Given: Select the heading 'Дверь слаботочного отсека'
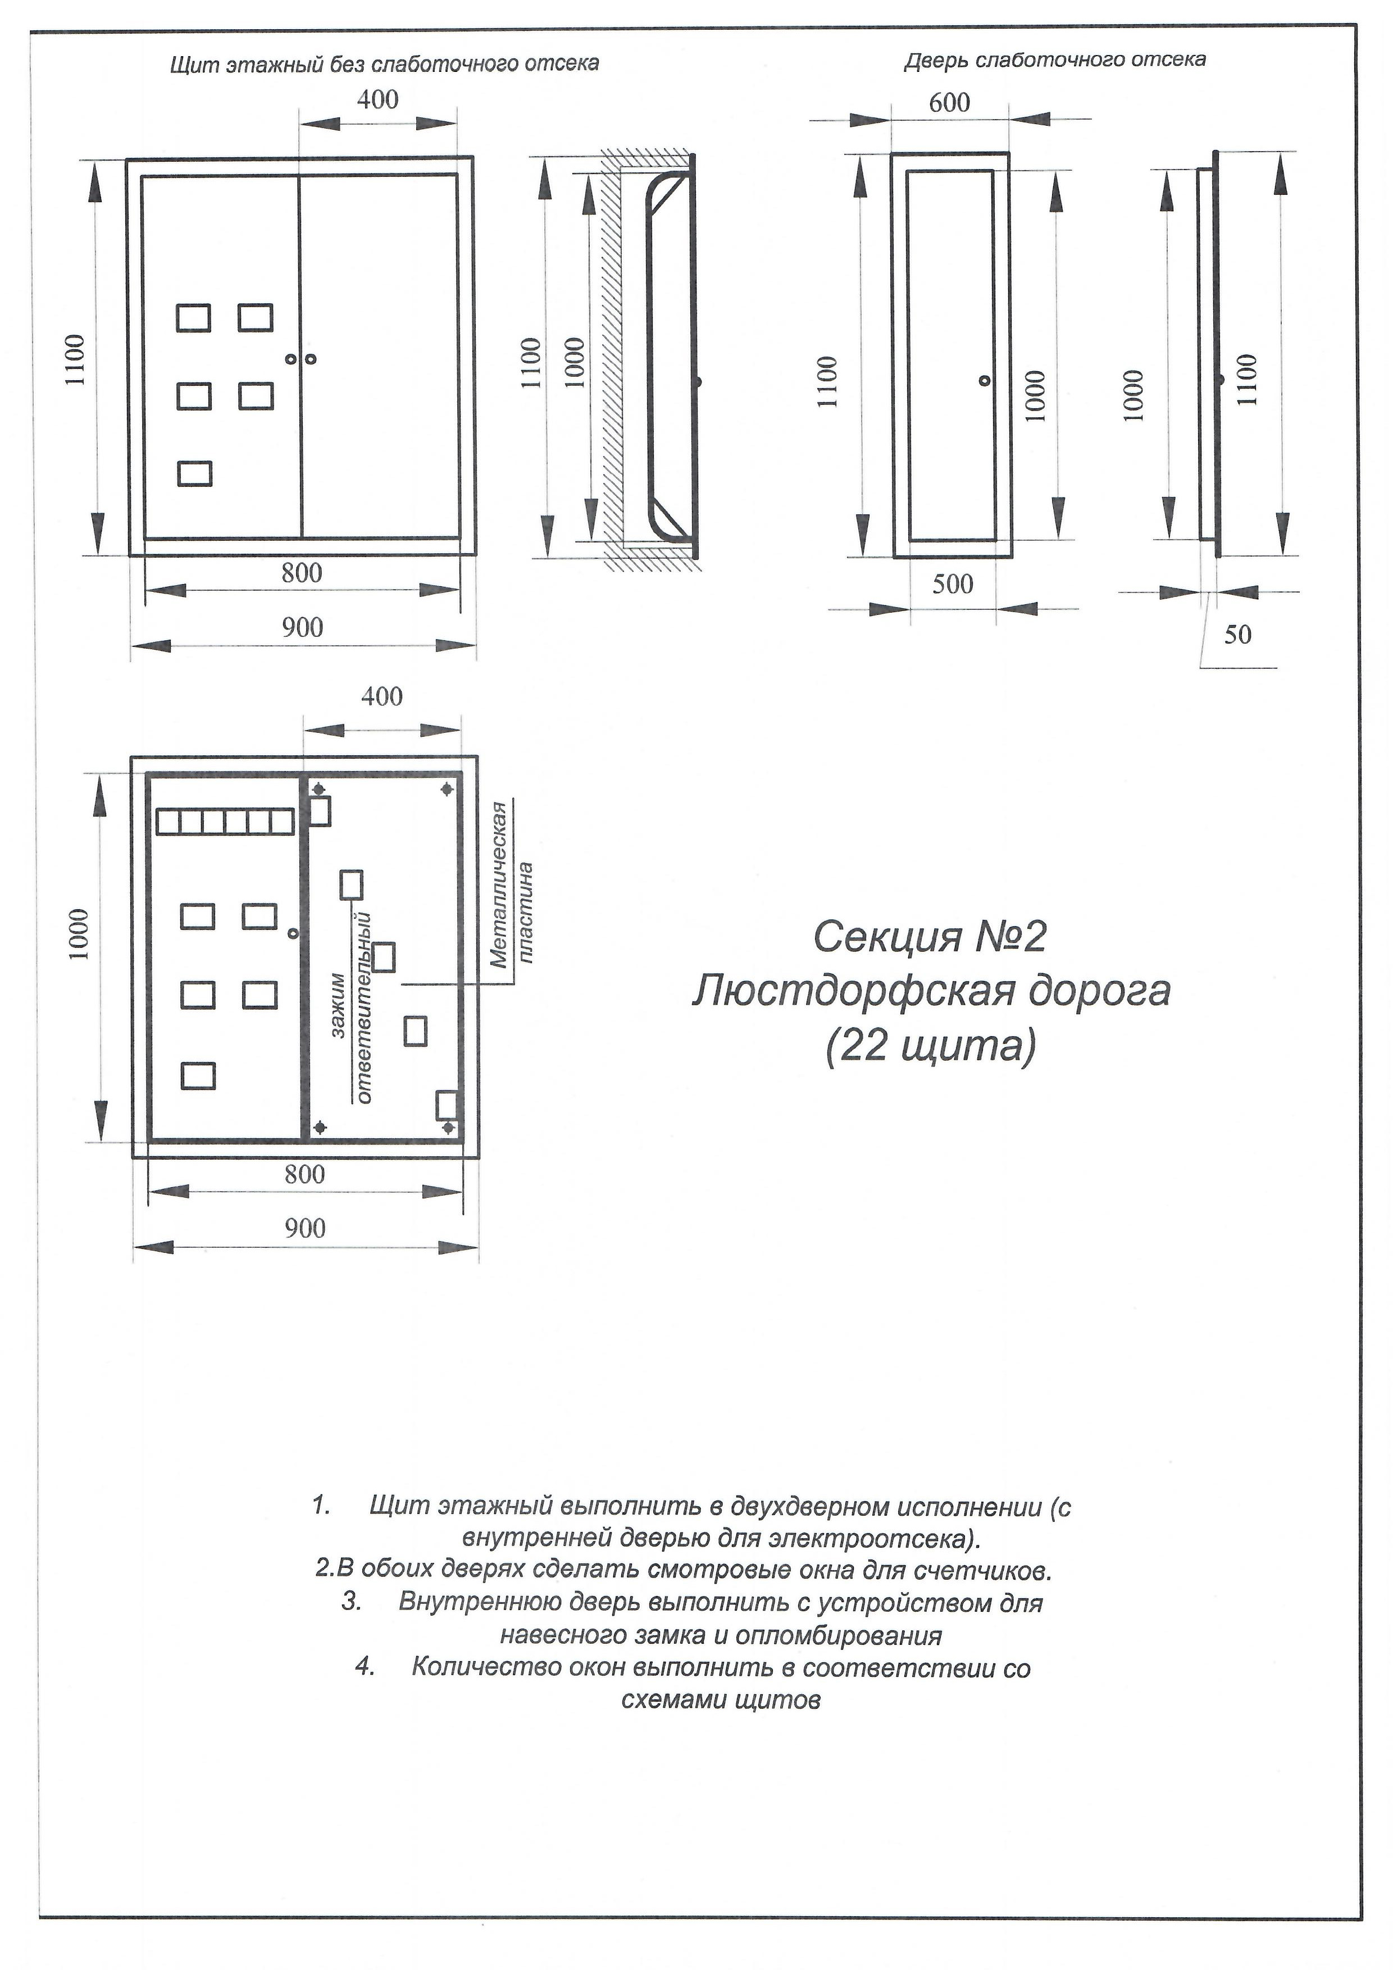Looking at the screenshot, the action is pos(1055,60).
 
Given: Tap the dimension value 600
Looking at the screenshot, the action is pos(949,103).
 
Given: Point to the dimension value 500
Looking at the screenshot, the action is pos(953,584).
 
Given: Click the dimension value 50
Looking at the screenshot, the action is pos(1237,635).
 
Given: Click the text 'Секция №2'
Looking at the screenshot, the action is pos(930,937).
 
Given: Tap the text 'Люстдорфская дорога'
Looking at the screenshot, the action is pos(931,991).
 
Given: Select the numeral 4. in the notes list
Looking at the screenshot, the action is pos(366,1667).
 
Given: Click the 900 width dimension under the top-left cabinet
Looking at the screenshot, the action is pos(303,628).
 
